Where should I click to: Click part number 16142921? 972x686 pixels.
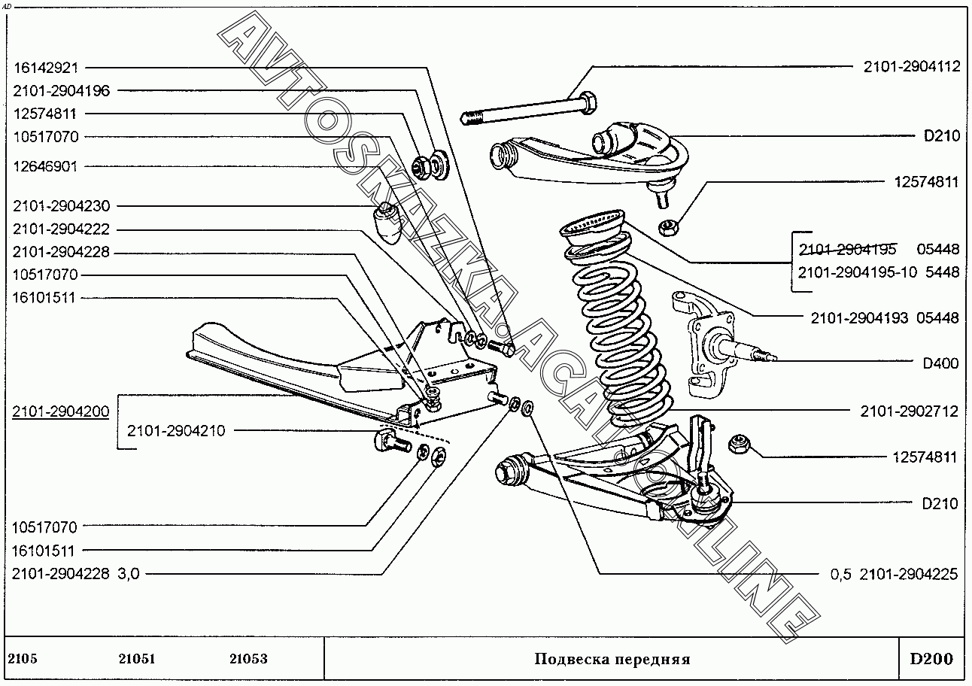point(46,67)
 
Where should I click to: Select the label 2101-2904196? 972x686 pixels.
point(61,90)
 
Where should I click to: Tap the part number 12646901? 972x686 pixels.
point(45,166)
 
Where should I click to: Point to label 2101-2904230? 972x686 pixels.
point(61,206)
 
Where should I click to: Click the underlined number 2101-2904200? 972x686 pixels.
point(61,411)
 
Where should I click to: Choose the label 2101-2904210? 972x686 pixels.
point(175,431)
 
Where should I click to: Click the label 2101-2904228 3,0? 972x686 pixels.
point(75,574)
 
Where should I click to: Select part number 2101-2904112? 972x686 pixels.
point(911,66)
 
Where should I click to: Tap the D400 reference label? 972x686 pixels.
point(940,363)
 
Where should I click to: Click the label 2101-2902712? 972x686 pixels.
point(910,411)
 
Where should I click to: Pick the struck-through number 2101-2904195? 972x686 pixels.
point(847,249)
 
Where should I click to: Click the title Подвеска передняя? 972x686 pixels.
point(612,660)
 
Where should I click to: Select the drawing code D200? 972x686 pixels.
point(931,660)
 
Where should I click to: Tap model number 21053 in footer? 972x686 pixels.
point(248,660)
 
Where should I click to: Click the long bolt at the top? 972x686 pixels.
point(527,109)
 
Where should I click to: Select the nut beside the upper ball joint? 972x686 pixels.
point(668,224)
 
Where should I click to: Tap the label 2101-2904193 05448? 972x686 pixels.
point(885,318)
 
